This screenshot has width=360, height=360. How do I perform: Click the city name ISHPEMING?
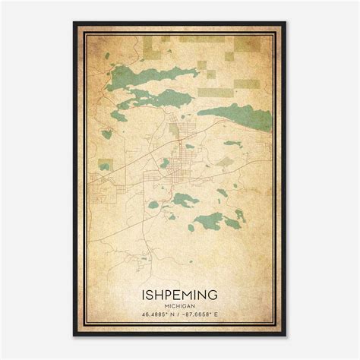pos(180,292)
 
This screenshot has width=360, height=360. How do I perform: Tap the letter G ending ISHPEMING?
pos(216,292)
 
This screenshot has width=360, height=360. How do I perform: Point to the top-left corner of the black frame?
pos(74,23)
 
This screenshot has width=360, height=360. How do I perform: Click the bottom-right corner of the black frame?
pos(286,336)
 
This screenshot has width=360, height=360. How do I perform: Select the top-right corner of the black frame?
pos(286,23)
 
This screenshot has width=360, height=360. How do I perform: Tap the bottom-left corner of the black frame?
pos(74,336)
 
